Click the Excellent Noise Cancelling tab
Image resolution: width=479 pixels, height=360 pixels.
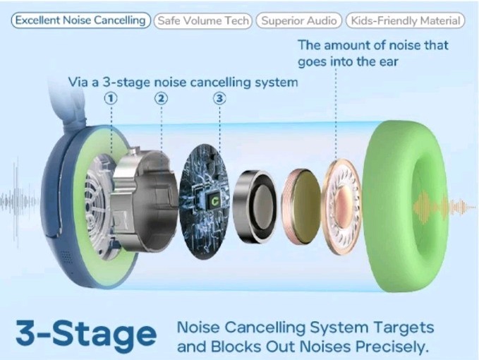81,20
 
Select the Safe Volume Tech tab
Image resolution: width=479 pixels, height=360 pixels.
203,20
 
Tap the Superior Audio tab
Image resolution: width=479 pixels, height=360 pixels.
299,20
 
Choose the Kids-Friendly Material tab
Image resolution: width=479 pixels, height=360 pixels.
405,20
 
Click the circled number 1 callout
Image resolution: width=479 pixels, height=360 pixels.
111,98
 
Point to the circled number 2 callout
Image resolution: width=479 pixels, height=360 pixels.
162,98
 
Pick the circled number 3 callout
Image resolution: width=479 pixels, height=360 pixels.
219,98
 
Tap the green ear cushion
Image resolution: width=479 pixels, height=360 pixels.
406,206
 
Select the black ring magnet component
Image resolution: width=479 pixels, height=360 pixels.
255,206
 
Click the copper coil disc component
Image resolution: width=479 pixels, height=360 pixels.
301,206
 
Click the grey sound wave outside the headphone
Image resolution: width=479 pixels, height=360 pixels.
19,202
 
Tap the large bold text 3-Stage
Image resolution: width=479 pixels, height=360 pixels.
86,335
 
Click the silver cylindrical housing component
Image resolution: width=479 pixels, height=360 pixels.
144,200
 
